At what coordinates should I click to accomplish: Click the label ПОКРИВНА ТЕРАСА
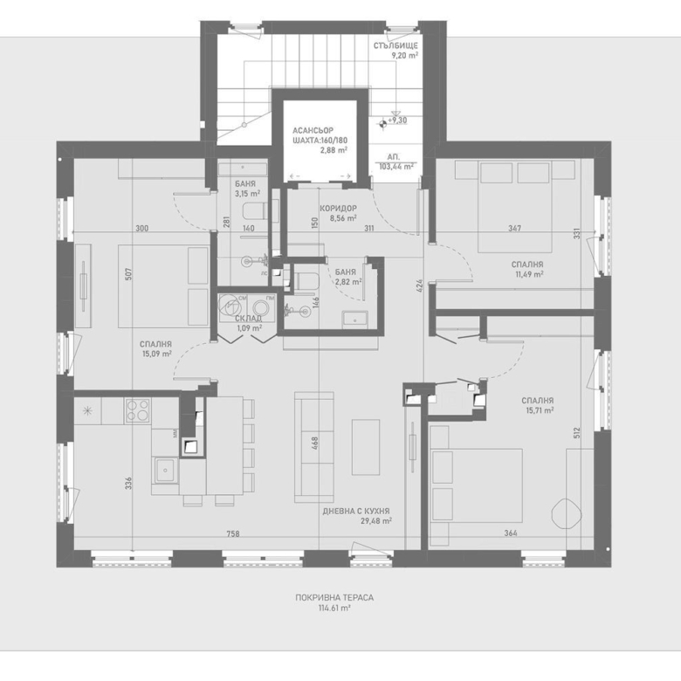[334, 598]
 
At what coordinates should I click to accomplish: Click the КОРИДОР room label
[337, 208]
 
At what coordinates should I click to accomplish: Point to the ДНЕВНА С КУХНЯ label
[356, 511]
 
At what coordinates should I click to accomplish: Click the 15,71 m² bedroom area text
[540, 410]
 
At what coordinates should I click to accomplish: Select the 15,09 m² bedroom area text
[155, 354]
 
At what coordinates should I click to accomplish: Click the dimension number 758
[232, 533]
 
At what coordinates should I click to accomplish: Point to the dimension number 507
[128, 272]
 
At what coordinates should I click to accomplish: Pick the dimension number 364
[511, 533]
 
